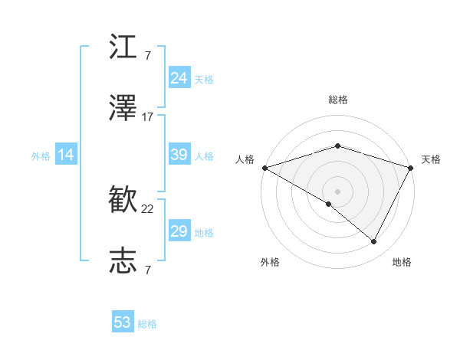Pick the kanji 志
tap(123, 260)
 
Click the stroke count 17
tap(148, 117)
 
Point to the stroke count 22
tap(148, 208)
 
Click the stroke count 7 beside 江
tap(148, 55)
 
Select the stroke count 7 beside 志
tap(148, 270)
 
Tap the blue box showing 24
tap(179, 78)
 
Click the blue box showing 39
tap(179, 155)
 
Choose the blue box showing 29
tap(179, 231)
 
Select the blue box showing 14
tap(66, 155)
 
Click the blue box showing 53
tap(123, 322)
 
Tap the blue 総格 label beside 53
tap(147, 324)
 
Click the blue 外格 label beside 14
tap(41, 155)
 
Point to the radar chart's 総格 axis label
tap(337, 100)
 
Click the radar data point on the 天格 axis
tap(411, 168)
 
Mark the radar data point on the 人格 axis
tap(264, 168)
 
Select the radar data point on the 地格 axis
tap(374, 242)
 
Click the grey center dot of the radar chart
tap(337, 191)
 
